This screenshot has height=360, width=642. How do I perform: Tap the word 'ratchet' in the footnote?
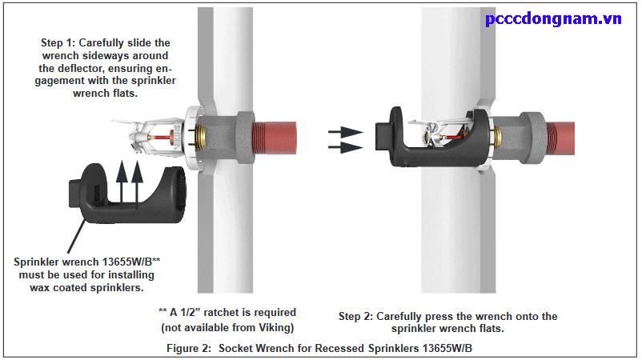coord(237,312)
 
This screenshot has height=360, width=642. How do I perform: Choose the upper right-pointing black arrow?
coord(346,130)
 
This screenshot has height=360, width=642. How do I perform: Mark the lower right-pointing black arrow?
coord(346,147)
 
